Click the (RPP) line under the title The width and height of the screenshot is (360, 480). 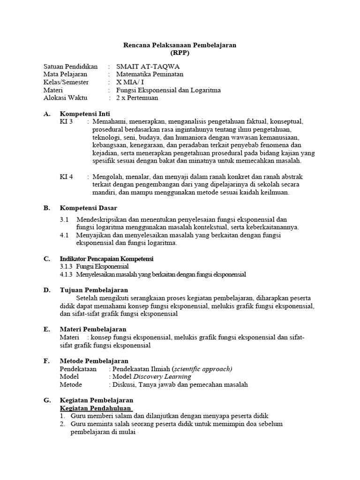pyautogui.click(x=180, y=53)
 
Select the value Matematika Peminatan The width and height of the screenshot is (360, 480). pyautogui.click(x=150, y=74)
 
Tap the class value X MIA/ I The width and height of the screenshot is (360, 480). pyautogui.click(x=130, y=82)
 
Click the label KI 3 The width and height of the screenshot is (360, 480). pyautogui.click(x=67, y=121)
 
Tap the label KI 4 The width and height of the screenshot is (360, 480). pyautogui.click(x=67, y=177)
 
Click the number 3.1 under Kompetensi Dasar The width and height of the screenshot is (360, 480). pyautogui.click(x=64, y=219)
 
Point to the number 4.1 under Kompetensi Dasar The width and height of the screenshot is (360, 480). pyautogui.click(x=64, y=235)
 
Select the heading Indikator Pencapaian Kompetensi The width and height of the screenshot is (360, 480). pyautogui.click(x=106, y=259)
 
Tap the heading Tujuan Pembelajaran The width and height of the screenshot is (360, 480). pyautogui.click(x=94, y=290)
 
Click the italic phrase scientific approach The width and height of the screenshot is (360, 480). pyautogui.click(x=202, y=369)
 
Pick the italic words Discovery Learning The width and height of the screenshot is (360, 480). pyautogui.click(x=162, y=376)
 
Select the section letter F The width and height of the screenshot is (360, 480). pyautogui.click(x=46, y=361)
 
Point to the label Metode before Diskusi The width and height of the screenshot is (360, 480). pyautogui.click(x=71, y=384)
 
